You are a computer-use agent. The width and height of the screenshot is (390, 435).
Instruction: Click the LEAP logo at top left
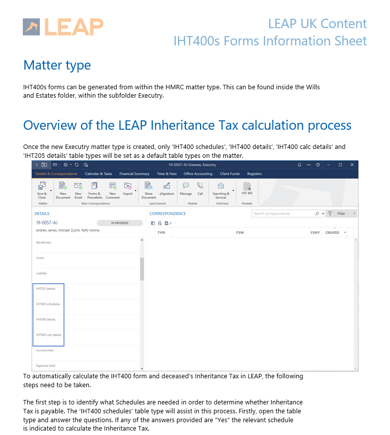click(x=63, y=27)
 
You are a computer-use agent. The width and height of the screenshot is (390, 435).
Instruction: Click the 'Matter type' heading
click(x=57, y=65)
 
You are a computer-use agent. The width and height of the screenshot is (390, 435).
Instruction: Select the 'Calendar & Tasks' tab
click(x=98, y=174)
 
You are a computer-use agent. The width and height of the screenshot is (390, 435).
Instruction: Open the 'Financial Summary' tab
click(x=134, y=174)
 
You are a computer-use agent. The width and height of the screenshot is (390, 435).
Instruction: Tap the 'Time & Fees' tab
click(x=167, y=174)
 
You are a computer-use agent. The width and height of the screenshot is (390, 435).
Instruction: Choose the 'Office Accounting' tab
click(x=198, y=174)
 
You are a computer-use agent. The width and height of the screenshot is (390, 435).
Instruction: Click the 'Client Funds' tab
click(x=230, y=174)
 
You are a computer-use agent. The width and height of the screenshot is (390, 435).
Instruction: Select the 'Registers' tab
click(x=254, y=174)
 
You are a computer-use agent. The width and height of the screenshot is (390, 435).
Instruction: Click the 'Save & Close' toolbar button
click(x=42, y=190)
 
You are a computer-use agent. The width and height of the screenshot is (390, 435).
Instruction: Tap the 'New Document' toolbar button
click(x=63, y=190)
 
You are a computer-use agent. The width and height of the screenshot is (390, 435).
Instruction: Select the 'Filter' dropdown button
click(x=342, y=214)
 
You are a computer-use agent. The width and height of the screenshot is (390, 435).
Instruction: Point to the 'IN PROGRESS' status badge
click(x=119, y=223)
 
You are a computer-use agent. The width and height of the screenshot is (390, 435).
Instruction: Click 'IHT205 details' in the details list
click(x=46, y=289)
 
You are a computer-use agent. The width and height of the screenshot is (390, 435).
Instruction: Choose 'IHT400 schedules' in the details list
click(x=48, y=304)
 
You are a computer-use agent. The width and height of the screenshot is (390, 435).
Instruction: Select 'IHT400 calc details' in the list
click(x=49, y=334)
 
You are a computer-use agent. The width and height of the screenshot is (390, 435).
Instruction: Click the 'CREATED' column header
click(x=332, y=232)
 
